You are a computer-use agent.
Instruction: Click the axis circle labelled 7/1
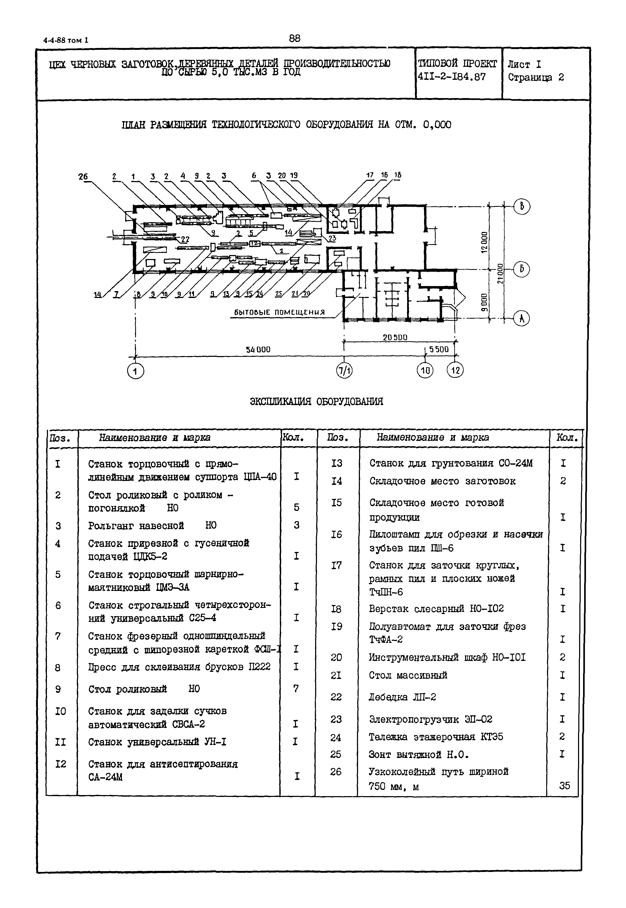point(344,370)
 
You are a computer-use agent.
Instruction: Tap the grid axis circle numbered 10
point(425,370)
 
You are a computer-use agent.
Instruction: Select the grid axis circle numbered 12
point(455,370)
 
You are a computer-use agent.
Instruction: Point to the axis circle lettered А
point(522,318)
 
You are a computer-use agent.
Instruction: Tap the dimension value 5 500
point(439,349)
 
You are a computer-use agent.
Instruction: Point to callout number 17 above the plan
point(370,175)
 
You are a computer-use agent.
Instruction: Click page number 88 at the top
point(294,38)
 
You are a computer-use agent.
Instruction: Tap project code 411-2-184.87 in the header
point(452,77)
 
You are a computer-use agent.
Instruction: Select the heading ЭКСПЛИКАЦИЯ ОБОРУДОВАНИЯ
point(316,401)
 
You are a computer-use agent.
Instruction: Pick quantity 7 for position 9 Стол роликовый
point(296,688)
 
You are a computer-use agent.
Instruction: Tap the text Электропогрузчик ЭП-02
point(430,719)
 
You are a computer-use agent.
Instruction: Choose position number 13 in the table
point(337,463)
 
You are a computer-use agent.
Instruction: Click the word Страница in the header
point(530,77)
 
